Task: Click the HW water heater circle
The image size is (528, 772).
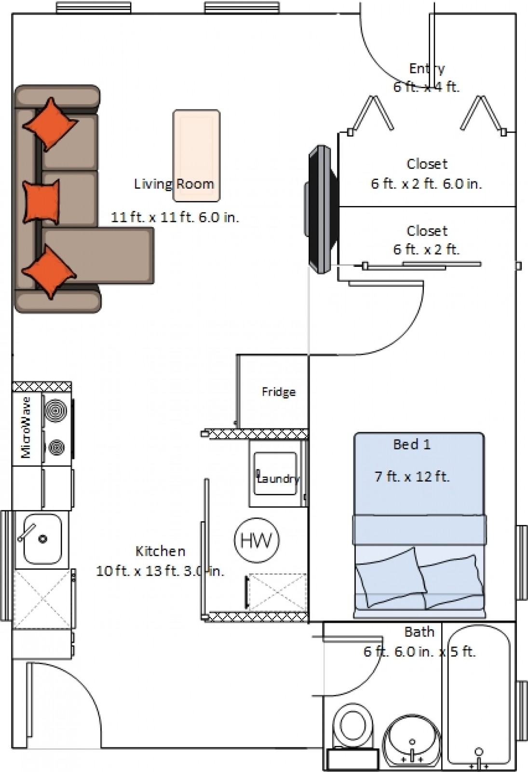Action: click(x=257, y=540)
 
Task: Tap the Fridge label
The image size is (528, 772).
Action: click(x=279, y=392)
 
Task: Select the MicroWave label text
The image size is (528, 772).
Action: click(x=26, y=427)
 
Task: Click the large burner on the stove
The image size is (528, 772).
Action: click(x=55, y=411)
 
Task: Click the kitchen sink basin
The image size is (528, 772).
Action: click(x=42, y=539)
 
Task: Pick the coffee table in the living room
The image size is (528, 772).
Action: click(x=196, y=156)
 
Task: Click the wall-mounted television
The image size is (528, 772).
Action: click(x=321, y=209)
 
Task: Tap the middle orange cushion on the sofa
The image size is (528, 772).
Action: click(x=41, y=202)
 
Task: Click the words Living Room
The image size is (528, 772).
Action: click(x=174, y=184)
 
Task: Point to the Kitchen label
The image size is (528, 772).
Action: click(x=160, y=551)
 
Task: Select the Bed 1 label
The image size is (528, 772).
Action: click(x=412, y=444)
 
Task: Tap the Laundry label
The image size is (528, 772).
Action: click(x=278, y=478)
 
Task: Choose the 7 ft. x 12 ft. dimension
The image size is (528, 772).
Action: click(x=412, y=477)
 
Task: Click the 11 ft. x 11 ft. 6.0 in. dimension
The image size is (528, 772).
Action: click(x=175, y=218)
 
